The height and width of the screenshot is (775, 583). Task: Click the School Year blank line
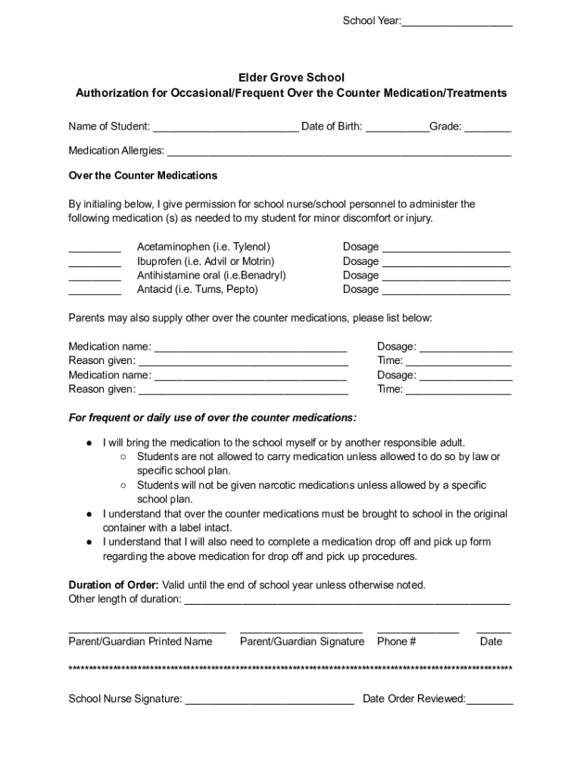(457, 22)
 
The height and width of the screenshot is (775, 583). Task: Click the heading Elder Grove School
(291, 77)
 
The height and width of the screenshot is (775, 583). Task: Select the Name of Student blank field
(225, 127)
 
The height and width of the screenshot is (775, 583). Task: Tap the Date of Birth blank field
(397, 127)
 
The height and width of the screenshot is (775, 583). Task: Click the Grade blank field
(488, 127)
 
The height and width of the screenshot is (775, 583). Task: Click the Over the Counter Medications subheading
(143, 176)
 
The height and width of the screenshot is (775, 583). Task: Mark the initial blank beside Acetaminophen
(95, 248)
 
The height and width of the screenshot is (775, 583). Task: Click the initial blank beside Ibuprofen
(95, 263)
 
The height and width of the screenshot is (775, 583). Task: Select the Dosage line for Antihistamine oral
(446, 277)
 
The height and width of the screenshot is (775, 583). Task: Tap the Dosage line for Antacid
(446, 291)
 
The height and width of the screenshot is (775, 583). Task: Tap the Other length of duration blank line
(348, 601)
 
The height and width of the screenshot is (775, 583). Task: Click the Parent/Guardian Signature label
(301, 642)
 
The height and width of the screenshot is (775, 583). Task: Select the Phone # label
(396, 642)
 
